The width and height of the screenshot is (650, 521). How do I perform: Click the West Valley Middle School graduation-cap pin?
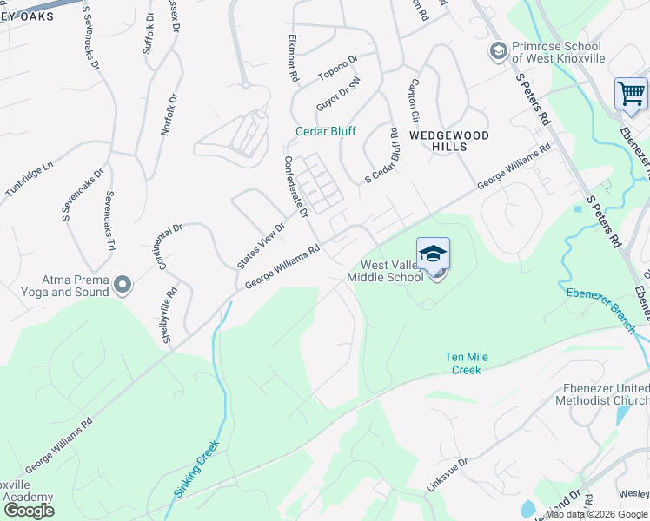(x=434, y=255)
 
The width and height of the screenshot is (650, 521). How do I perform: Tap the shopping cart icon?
(x=631, y=92)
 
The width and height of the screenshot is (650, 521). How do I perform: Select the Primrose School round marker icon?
(x=498, y=51)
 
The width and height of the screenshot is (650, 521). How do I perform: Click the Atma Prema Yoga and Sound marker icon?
(x=123, y=284)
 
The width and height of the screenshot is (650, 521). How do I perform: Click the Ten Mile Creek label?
(x=462, y=363)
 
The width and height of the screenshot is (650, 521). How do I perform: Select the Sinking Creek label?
(x=196, y=468)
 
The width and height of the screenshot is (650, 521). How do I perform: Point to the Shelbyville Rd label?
(x=170, y=314)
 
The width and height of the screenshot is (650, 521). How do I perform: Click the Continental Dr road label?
(x=170, y=247)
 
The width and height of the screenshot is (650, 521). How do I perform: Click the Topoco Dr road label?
(x=337, y=67)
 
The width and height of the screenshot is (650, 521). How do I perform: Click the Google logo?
(x=30, y=510)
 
